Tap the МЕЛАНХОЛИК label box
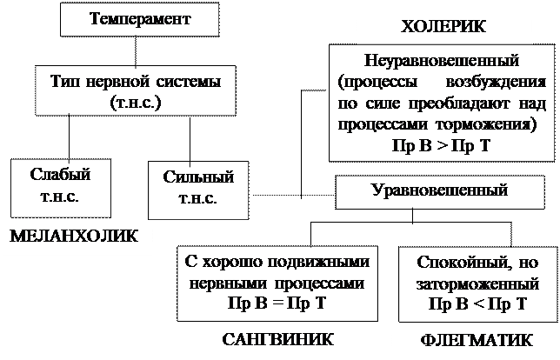(77, 236)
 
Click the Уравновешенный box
(438, 189)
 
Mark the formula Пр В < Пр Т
(477, 302)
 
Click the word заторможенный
(477, 283)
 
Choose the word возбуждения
(491, 83)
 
